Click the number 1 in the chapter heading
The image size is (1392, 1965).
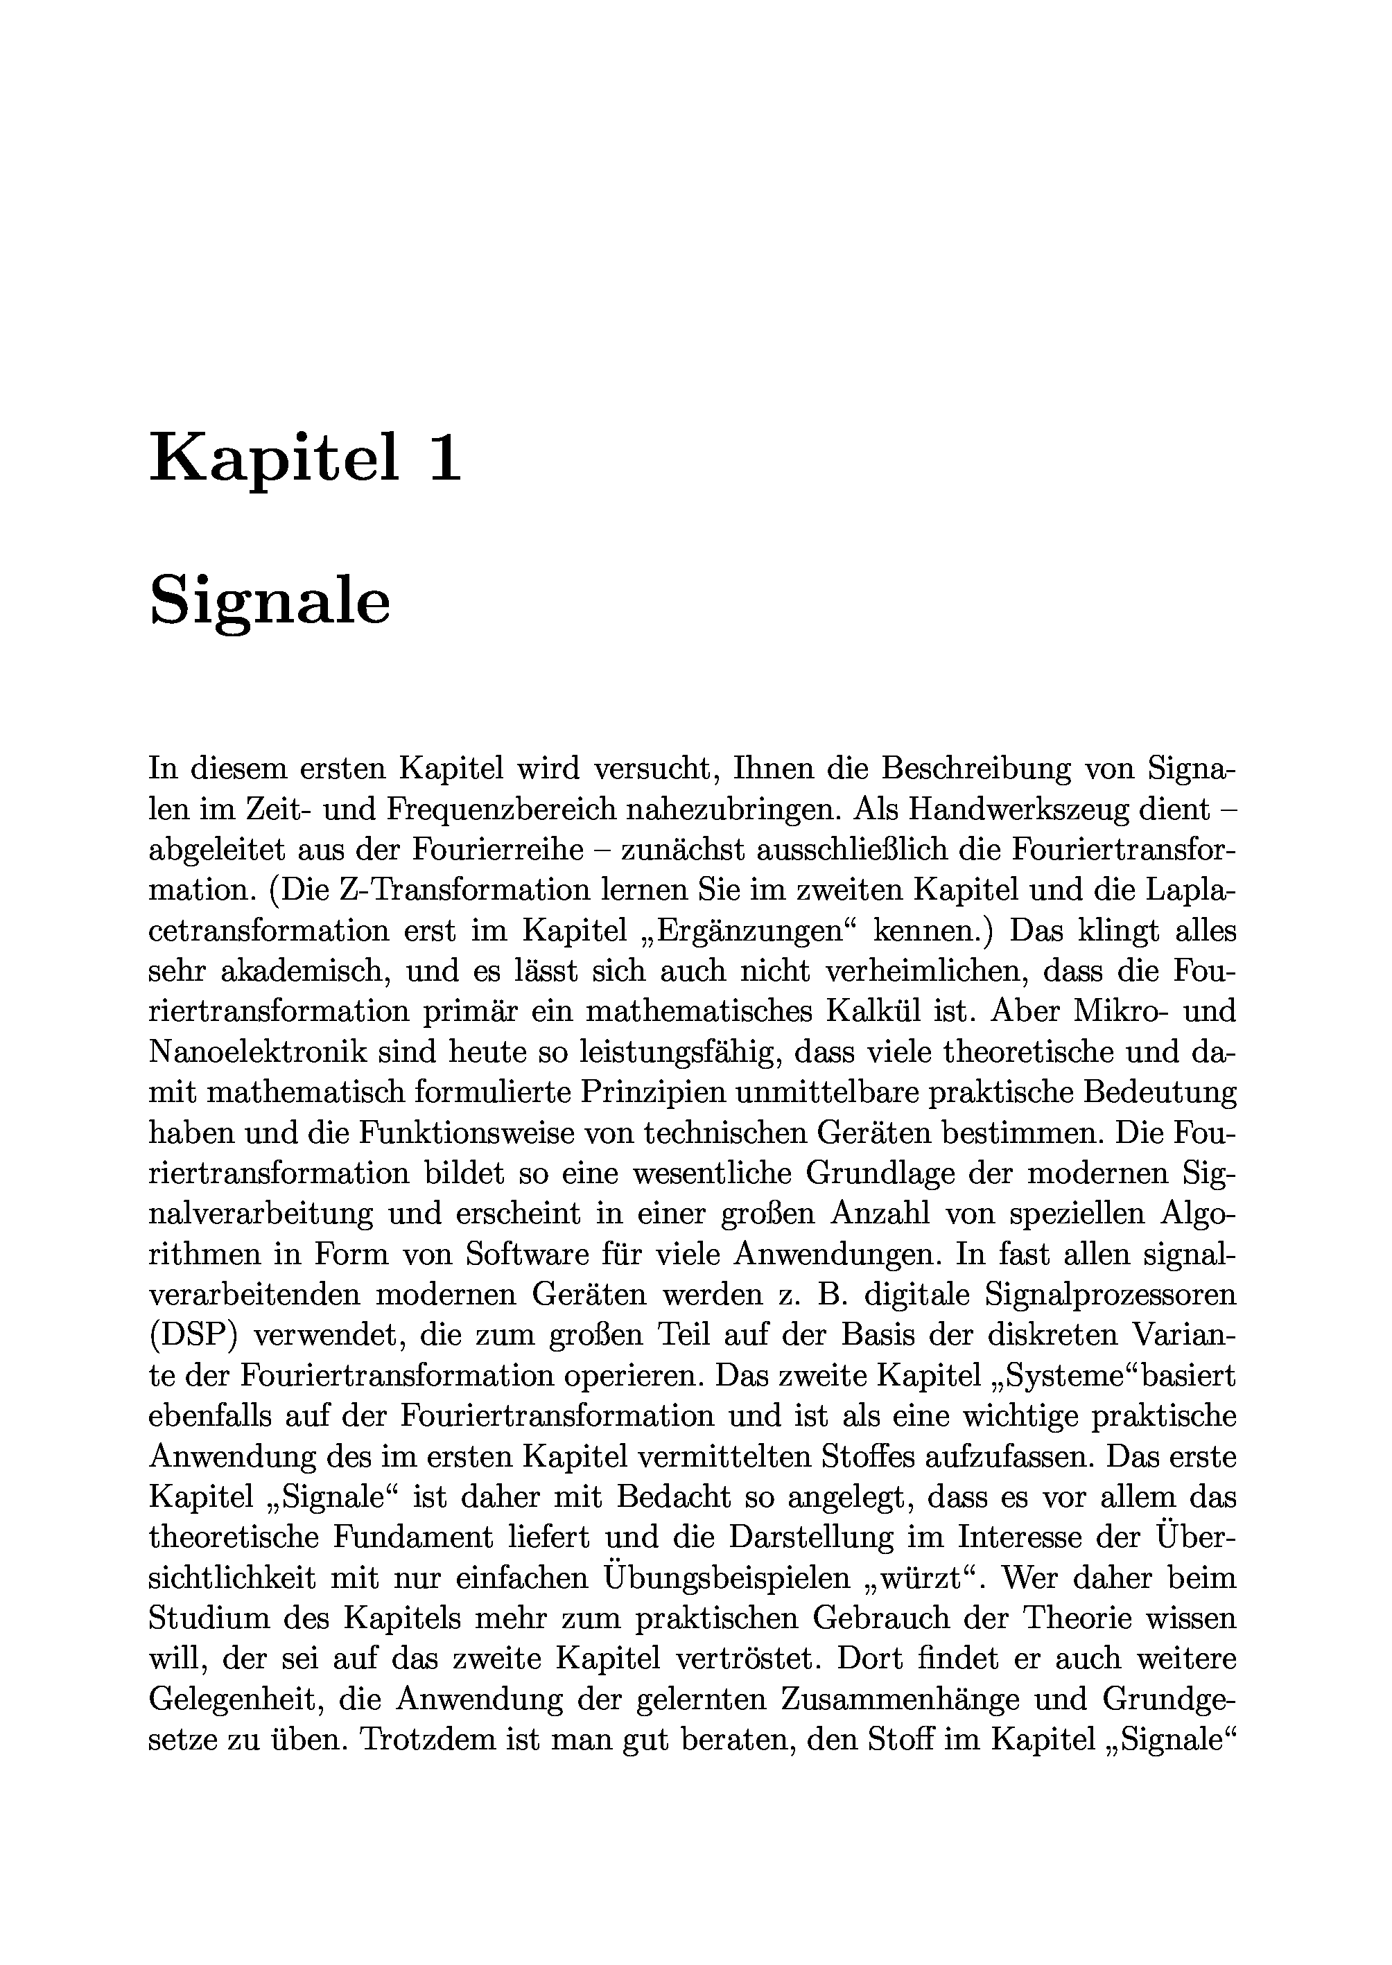[x=444, y=457]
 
